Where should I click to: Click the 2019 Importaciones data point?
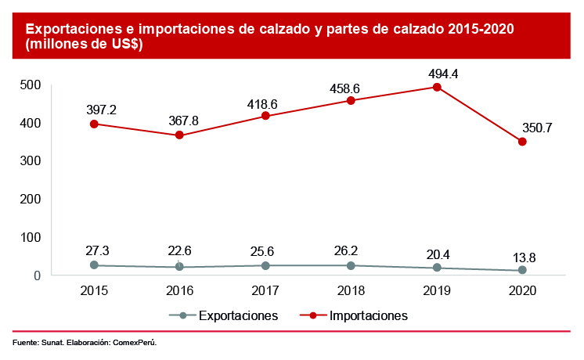pyautogui.click(x=437, y=87)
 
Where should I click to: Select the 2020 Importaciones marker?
pyautogui.click(x=522, y=142)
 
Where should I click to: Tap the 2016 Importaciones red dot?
pyautogui.click(x=179, y=135)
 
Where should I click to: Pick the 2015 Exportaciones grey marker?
pyautogui.click(x=94, y=265)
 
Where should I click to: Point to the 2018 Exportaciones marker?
pyautogui.click(x=351, y=265)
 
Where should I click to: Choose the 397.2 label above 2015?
pyautogui.click(x=102, y=110)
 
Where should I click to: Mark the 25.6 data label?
pyautogui.click(x=265, y=250)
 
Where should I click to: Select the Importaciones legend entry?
pyautogui.click(x=369, y=316)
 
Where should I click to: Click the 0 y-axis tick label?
pyautogui.click(x=36, y=275)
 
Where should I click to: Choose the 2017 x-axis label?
pyautogui.click(x=265, y=290)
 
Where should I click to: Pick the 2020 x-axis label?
pyautogui.click(x=522, y=290)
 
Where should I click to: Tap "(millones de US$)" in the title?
pyautogui.click(x=84, y=45)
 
